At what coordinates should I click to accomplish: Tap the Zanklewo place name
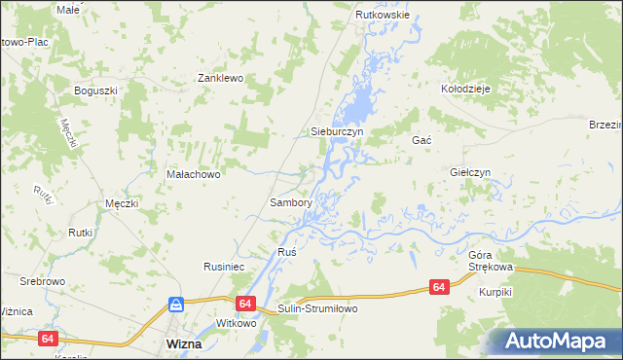pos(220,78)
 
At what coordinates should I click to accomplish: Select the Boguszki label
pos(95,90)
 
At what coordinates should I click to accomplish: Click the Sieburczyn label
pos(336,130)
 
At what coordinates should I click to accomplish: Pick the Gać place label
pos(421,140)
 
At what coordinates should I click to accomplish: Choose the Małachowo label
pos(195,175)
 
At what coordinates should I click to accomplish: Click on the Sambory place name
pos(290,203)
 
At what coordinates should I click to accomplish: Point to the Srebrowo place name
pos(42,281)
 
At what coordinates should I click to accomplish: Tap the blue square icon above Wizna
pos(176,305)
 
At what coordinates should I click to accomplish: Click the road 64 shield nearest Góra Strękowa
pos(439,287)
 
